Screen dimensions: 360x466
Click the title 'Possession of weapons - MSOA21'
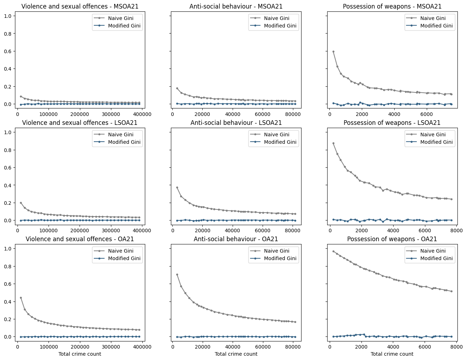tap(392, 6)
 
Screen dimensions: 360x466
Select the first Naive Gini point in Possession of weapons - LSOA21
tap(333, 143)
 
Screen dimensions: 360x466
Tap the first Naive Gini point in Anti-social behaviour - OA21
tap(177, 274)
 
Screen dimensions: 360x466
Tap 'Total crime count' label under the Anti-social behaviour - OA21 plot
tap(236, 354)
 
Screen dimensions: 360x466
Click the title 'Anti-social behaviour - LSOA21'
tap(236, 123)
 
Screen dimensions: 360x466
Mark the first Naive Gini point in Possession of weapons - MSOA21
tap(333, 51)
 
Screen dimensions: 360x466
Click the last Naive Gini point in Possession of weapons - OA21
tap(451, 291)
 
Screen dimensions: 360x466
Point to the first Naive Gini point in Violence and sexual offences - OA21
tap(21, 298)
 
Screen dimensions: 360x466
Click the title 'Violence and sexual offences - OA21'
tap(80, 239)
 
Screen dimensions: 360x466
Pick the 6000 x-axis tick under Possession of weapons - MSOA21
tap(427, 114)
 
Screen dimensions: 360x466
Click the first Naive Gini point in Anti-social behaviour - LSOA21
tap(177, 187)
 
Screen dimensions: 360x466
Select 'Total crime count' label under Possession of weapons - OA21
tap(392, 354)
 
